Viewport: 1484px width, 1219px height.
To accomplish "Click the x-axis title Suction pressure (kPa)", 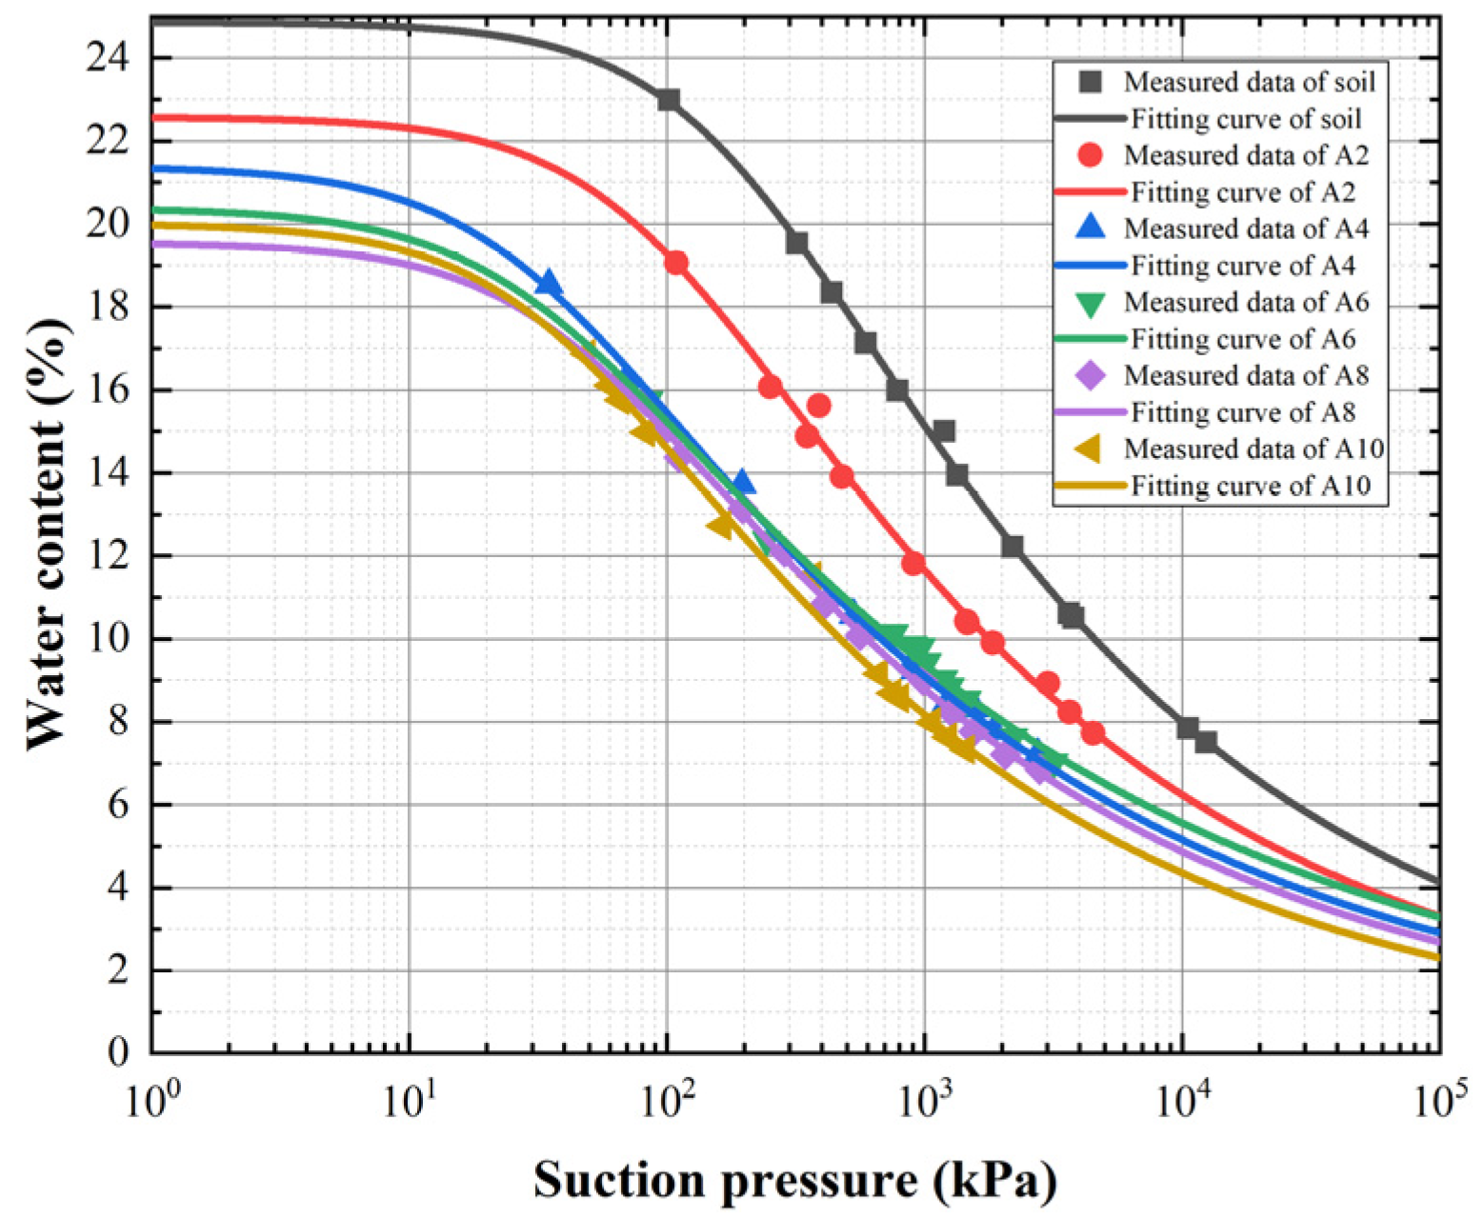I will (x=794, y=1180).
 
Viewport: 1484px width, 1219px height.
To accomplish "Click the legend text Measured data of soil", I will (x=1249, y=82).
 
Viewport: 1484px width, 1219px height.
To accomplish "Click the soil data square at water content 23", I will (x=669, y=100).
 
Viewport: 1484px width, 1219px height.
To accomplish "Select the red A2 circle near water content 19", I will (x=676, y=263).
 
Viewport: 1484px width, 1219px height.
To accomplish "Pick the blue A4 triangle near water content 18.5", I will (x=549, y=283).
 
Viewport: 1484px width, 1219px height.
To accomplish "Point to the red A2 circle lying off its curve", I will (x=818, y=406).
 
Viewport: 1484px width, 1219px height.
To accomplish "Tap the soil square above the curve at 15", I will (x=944, y=431).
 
